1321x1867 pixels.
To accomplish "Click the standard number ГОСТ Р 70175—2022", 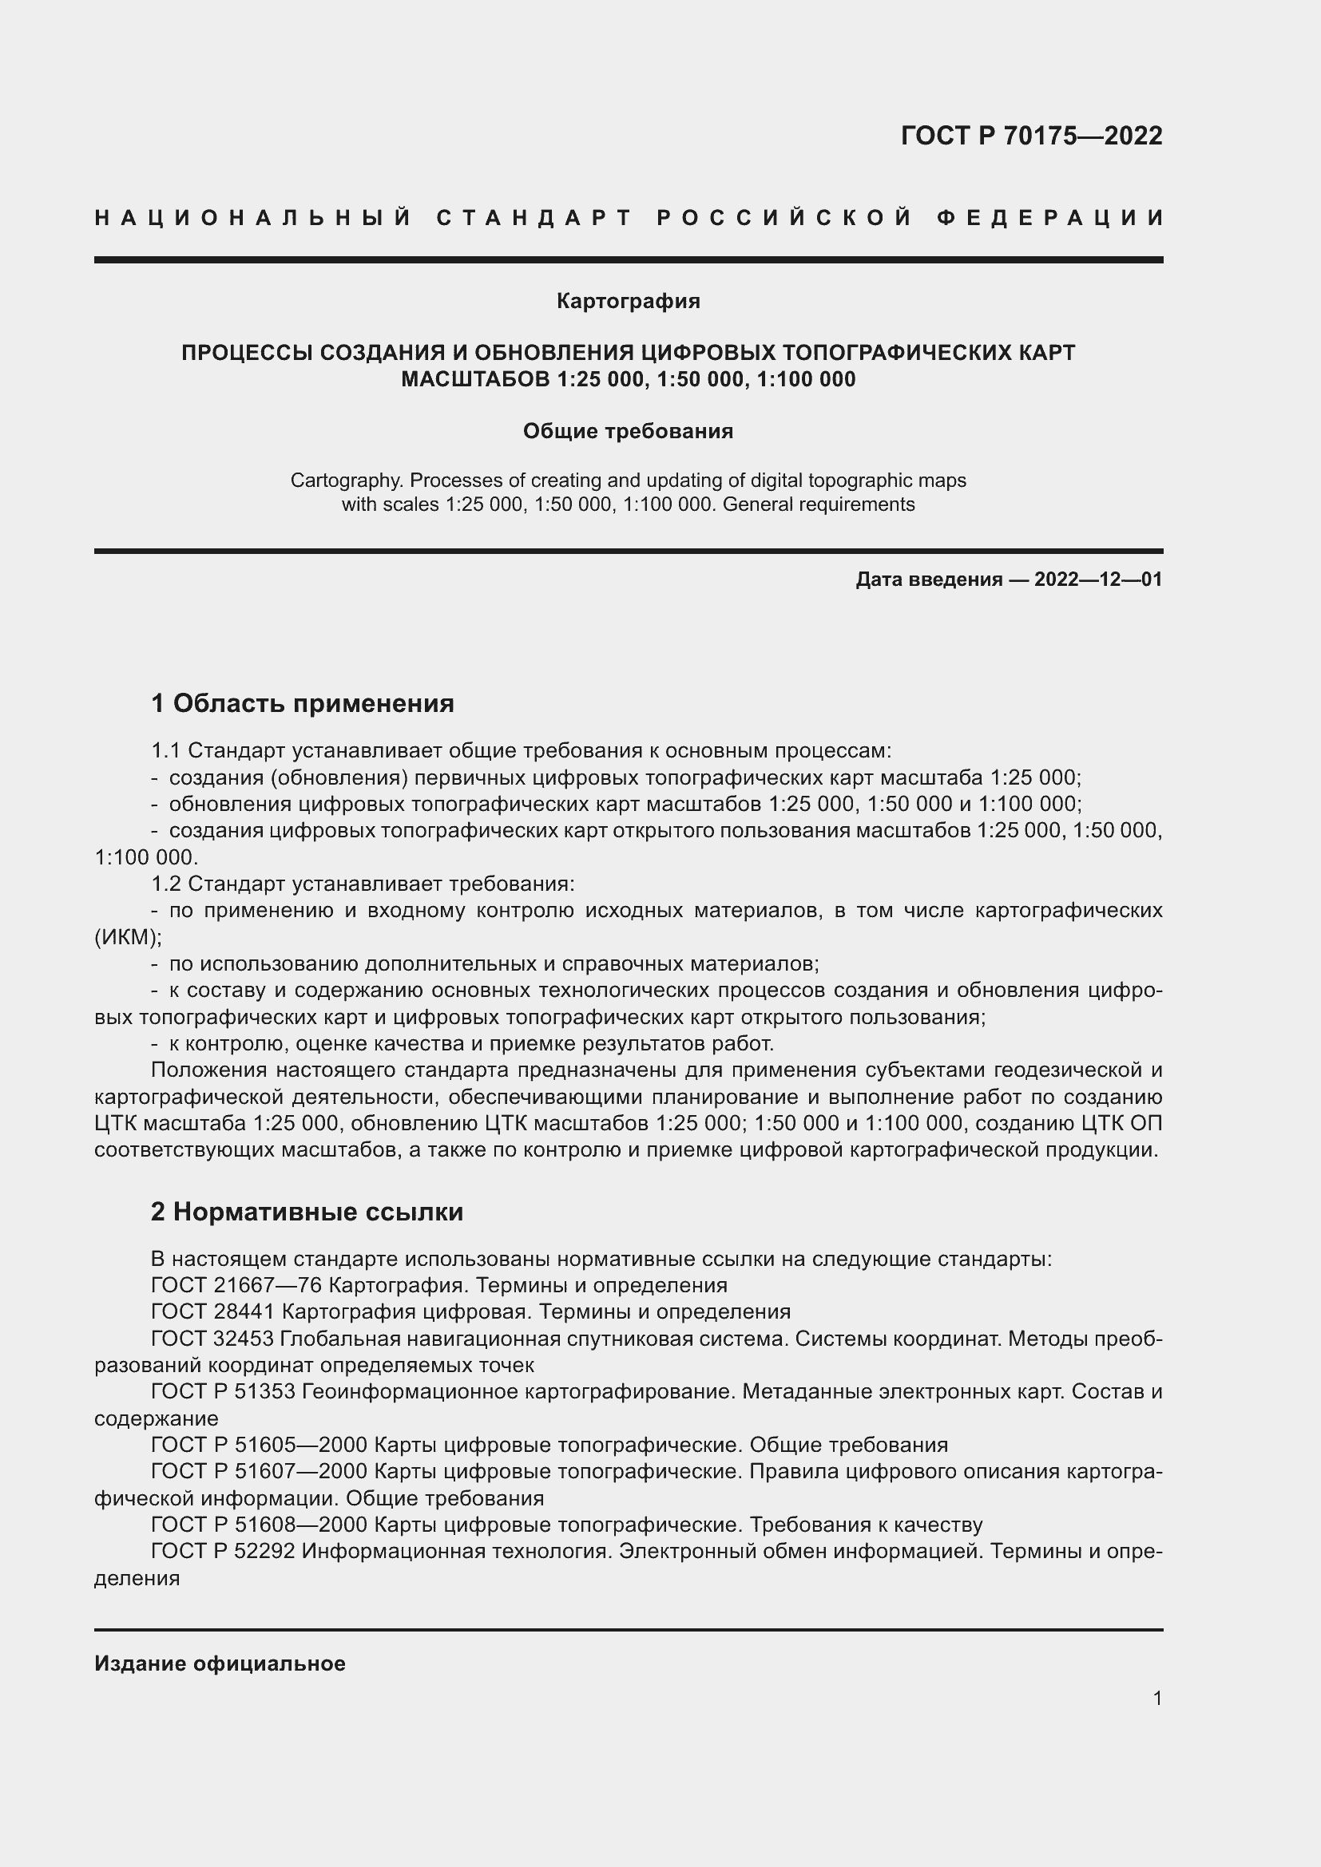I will click(1030, 135).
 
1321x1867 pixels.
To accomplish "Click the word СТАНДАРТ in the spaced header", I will click(534, 218).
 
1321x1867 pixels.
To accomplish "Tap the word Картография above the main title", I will click(628, 301).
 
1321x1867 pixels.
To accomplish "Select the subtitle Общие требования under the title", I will click(628, 431).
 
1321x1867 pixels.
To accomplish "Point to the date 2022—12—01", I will click(1098, 579).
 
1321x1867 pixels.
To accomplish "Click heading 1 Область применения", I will click(303, 702).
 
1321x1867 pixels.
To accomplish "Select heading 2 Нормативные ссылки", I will click(307, 1212).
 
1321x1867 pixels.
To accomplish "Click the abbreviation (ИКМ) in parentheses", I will click(128, 937).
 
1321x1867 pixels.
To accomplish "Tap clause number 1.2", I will click(166, 883).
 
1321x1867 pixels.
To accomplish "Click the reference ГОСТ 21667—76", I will click(236, 1286).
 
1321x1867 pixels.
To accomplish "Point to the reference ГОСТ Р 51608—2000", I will click(260, 1524).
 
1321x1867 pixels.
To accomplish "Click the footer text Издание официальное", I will click(220, 1663).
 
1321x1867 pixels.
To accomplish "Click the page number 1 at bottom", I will click(1156, 1699).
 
